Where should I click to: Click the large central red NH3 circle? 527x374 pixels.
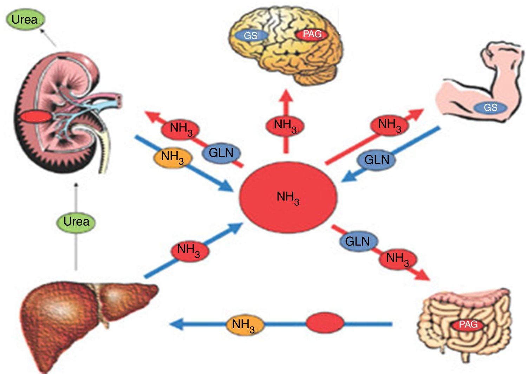tap(288, 197)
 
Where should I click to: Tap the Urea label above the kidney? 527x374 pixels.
tap(25, 20)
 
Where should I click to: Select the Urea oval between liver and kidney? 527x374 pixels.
tap(76, 222)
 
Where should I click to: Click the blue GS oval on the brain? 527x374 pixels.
tap(251, 35)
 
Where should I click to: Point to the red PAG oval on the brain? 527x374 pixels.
tap(312, 34)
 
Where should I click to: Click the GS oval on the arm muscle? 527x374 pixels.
tap(490, 107)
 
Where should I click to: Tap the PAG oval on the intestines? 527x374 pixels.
tap(468, 324)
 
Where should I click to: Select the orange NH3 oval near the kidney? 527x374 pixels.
tap(173, 157)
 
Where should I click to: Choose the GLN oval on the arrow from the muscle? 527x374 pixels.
tap(376, 160)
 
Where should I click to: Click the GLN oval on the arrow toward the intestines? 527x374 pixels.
tap(358, 241)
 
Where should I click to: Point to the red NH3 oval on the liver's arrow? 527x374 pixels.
tap(189, 251)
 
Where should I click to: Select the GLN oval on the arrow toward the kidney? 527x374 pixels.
tap(221, 153)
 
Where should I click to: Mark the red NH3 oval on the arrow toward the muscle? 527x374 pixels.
tap(390, 125)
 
